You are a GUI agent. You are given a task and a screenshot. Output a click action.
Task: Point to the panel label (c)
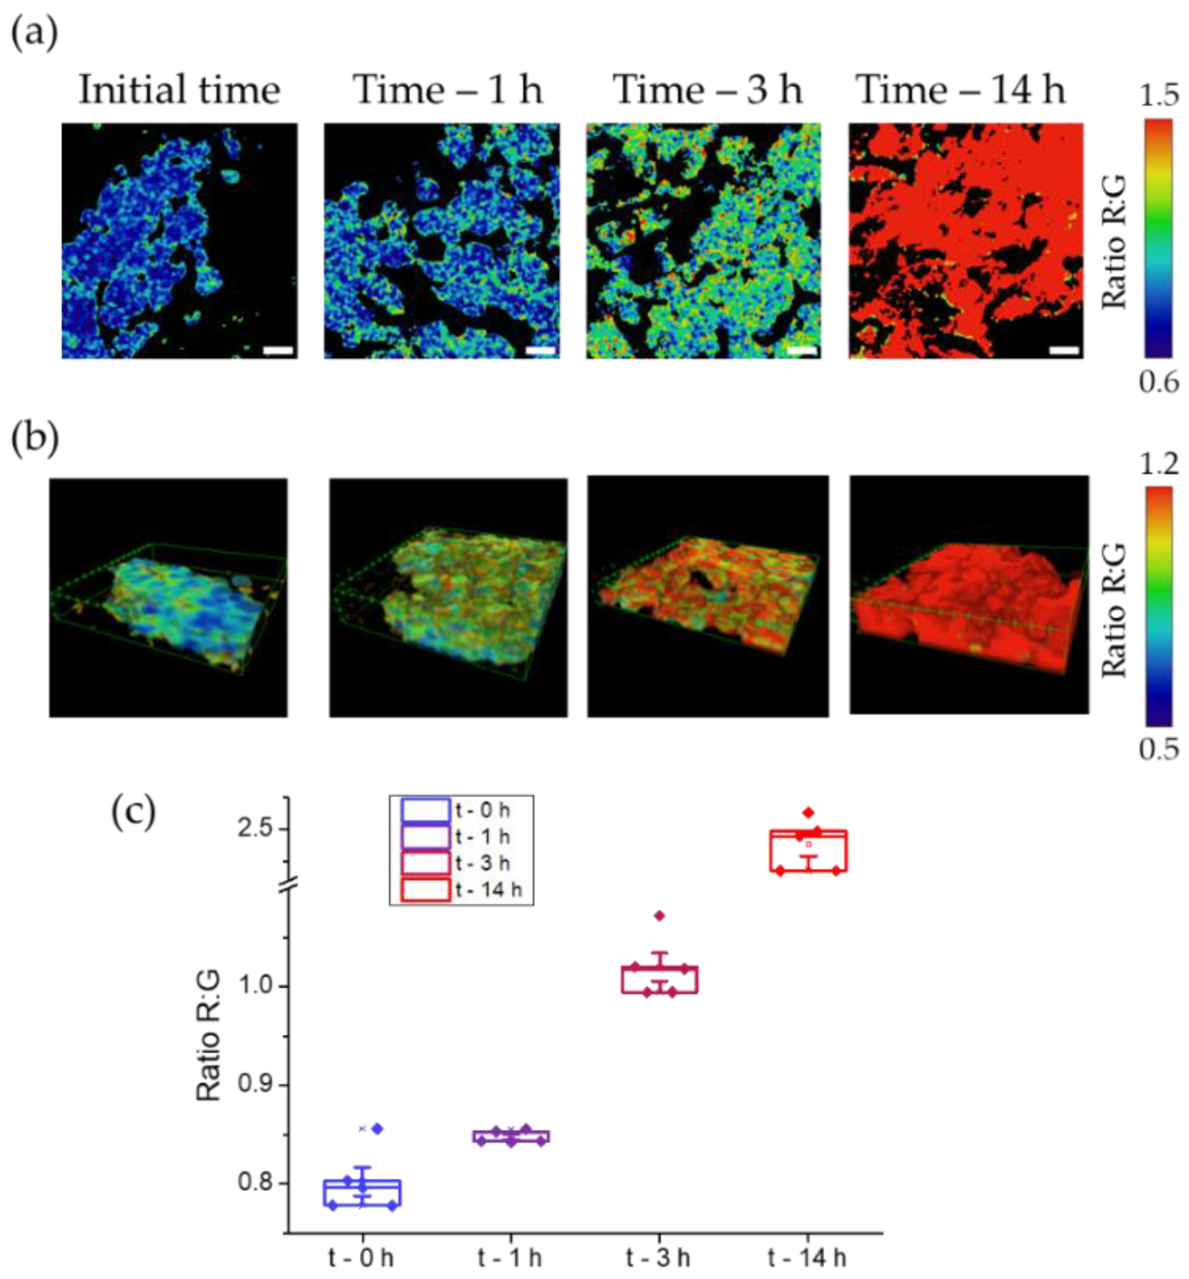134,812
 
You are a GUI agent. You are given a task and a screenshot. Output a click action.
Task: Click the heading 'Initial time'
179,90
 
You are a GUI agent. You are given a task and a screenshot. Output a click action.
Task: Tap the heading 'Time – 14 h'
962,90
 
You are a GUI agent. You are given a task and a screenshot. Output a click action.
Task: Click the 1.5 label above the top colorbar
1159,95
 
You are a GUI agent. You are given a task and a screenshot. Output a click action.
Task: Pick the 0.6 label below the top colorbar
1159,382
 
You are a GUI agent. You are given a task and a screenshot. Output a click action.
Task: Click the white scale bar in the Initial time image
279,351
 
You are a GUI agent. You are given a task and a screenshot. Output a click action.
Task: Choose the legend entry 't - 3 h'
482,864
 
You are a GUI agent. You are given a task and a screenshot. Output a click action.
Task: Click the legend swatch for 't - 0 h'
425,811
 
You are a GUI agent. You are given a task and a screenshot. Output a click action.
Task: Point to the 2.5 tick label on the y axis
255,828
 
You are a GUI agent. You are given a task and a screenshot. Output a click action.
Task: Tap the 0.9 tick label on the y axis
255,1085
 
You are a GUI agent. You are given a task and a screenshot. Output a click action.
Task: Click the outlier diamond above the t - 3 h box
659,915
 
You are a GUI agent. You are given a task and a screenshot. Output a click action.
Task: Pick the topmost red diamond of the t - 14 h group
809,812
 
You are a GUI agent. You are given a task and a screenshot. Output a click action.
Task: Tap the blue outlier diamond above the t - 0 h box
378,1128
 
